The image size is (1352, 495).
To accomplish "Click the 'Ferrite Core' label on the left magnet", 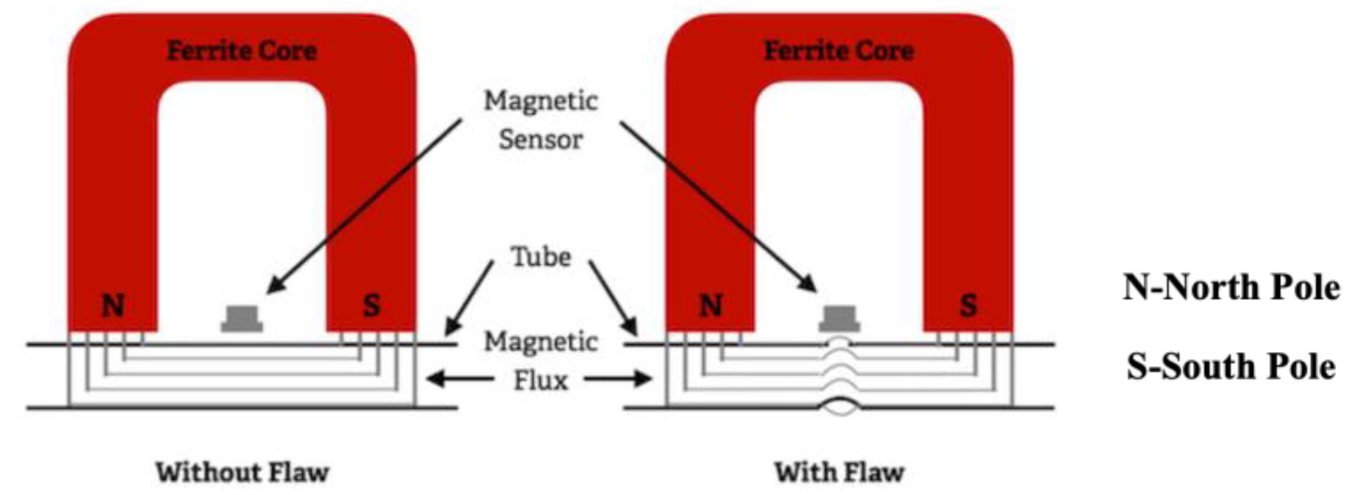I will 242,51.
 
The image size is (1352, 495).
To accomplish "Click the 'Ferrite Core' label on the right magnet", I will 839,51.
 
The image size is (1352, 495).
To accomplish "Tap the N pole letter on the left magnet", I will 113,305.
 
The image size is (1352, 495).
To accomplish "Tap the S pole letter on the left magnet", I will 371,305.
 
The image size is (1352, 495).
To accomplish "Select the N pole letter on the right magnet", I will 711,305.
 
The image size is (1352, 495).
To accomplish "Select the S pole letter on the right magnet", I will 968,305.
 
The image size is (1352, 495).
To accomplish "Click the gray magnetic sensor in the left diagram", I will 242,319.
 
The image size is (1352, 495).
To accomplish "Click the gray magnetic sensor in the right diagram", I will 839,319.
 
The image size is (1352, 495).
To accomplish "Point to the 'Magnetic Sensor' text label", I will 541,120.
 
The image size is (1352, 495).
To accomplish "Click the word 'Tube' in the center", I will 541,257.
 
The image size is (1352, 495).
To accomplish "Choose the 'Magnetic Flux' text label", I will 541,361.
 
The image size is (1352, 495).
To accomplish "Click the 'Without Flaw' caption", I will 242,473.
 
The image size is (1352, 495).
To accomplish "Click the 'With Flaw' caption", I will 839,473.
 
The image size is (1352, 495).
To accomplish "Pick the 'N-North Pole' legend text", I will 1231,288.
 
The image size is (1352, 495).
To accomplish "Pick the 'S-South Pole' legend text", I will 1231,366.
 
